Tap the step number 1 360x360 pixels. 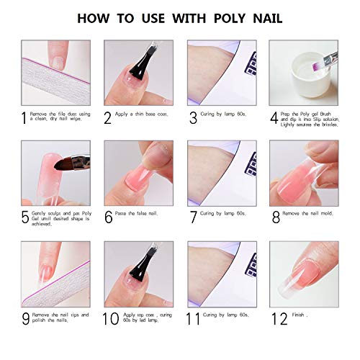point(24,117)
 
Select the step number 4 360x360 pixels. point(274,117)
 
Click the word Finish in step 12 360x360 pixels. point(300,315)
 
